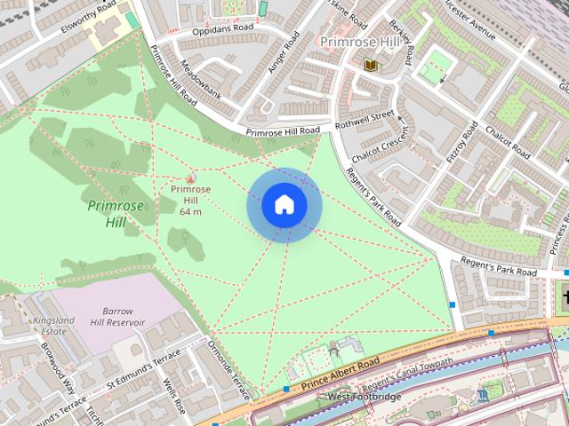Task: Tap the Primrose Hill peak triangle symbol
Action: [x=190, y=177]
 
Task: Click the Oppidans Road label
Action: [x=222, y=28]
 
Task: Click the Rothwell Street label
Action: [x=364, y=121]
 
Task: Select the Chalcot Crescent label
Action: [x=380, y=142]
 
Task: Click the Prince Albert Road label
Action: [x=340, y=374]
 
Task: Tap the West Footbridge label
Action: [x=365, y=397]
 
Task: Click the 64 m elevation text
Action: [x=190, y=212]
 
